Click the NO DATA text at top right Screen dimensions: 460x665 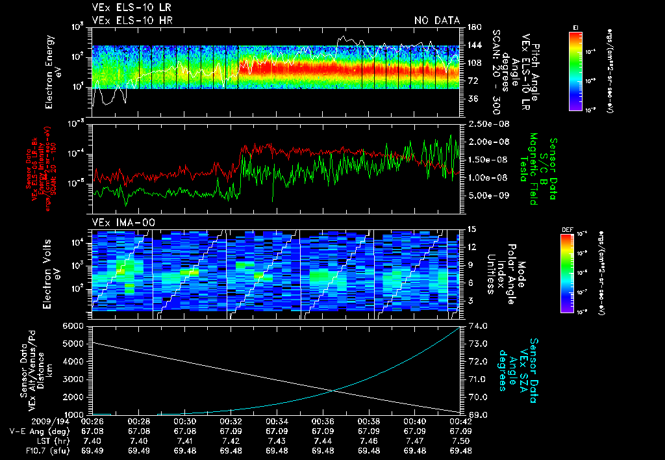tap(437, 20)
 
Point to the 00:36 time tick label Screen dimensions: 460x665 tap(323, 422)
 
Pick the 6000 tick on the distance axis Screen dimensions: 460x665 tap(73, 325)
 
